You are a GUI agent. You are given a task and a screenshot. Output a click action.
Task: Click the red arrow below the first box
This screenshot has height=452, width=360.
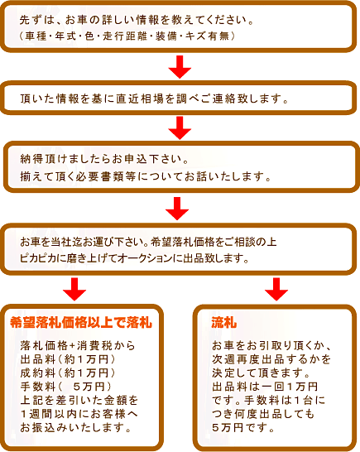coord(180,67)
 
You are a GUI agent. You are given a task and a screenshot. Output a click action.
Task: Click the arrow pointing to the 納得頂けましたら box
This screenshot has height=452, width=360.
coord(180,128)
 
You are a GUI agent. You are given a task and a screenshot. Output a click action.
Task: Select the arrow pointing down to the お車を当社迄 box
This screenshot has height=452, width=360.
coord(177,209)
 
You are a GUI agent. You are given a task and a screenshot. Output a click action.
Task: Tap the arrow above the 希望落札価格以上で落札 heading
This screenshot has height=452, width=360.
coord(74,290)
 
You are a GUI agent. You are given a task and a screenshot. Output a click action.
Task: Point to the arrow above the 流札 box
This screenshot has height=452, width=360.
coord(276,290)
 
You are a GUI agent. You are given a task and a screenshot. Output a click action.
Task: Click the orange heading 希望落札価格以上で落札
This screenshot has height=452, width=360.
coord(81,323)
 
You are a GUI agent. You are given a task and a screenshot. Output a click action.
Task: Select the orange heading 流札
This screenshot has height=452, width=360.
coord(224,323)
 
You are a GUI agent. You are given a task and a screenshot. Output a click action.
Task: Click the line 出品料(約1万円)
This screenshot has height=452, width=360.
coord(68,359)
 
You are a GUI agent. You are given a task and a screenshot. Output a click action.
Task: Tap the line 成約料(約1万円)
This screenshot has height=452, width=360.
coord(68,373)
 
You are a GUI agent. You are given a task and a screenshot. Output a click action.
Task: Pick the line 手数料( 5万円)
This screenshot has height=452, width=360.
coord(66,387)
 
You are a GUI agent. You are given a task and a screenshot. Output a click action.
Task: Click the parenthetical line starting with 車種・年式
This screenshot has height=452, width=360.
coord(127,36)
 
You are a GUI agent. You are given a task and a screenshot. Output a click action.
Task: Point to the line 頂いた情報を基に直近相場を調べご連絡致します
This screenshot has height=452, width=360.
coord(154,99)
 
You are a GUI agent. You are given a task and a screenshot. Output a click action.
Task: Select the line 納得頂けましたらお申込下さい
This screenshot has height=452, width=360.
coord(104,159)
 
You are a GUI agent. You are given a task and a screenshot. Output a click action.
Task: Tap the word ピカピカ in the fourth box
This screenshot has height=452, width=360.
coord(37,258)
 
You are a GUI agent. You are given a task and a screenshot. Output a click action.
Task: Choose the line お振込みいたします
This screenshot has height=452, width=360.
coord(76,427)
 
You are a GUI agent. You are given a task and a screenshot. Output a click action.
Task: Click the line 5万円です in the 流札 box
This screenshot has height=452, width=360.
coord(243,427)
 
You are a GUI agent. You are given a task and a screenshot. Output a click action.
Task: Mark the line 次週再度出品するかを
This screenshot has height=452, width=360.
coord(271,359)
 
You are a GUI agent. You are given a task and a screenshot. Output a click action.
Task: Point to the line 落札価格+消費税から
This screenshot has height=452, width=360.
coord(78,346)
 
